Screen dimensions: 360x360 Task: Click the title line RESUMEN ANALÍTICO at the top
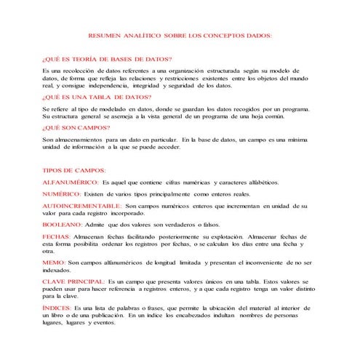coord(180,35)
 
